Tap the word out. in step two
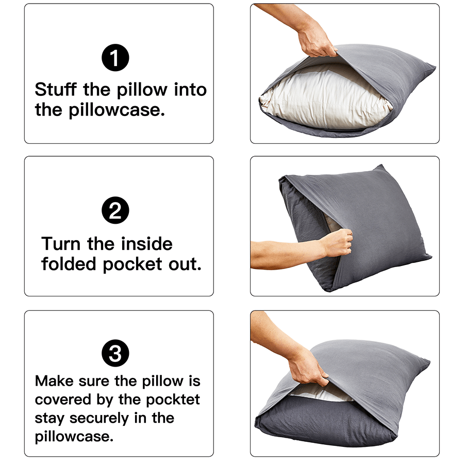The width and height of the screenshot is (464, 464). tap(183, 264)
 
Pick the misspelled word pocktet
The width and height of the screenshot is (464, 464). tap(173, 400)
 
